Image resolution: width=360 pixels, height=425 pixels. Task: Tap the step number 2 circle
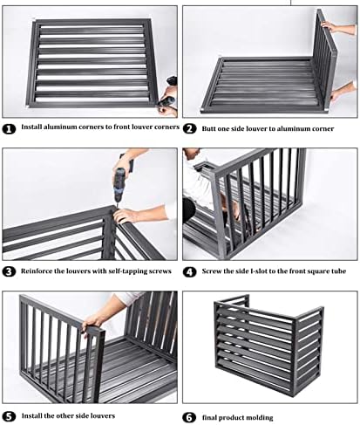[190, 128]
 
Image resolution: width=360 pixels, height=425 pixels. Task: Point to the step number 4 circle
[190, 272]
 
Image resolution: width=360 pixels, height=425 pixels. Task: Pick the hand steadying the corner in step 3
[126, 215]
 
